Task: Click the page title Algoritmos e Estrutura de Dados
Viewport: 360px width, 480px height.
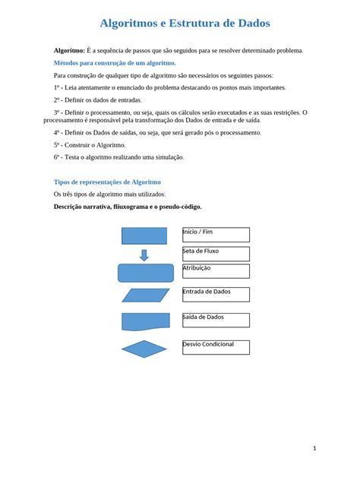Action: coord(185,24)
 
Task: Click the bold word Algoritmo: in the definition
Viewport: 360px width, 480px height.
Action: coord(69,50)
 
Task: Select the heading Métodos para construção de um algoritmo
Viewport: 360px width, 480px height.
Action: coord(115,63)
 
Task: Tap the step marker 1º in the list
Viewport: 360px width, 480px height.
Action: coord(57,87)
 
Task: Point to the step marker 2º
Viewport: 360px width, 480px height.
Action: coord(57,99)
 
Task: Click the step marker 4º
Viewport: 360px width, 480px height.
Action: coord(57,132)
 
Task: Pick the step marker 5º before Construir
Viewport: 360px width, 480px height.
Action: coord(57,144)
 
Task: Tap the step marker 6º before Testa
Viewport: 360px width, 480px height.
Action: coord(57,157)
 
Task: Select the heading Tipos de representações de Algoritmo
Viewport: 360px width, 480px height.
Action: coord(107,182)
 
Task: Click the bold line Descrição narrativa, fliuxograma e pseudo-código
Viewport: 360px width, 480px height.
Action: coord(128,207)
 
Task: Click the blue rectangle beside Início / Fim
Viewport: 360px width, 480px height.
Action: coord(144,235)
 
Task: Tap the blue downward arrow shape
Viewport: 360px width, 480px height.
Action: coord(144,255)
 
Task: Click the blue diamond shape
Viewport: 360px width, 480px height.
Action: coord(144,349)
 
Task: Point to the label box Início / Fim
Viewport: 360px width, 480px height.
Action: coord(216,235)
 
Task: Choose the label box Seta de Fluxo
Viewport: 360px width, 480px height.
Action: coord(216,254)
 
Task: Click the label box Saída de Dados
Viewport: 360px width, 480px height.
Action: coord(216,320)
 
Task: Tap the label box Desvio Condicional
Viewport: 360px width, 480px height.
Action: coord(216,347)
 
